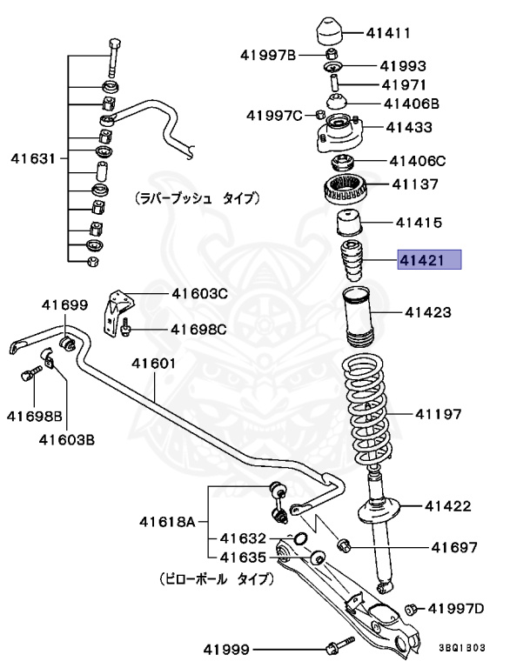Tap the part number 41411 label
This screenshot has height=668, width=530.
pyautogui.click(x=388, y=34)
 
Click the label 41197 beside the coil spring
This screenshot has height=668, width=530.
pyautogui.click(x=438, y=414)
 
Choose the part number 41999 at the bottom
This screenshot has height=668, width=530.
pyautogui.click(x=226, y=649)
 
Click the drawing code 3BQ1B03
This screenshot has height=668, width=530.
pyautogui.click(x=461, y=648)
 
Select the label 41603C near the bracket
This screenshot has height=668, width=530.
pyautogui.click(x=200, y=294)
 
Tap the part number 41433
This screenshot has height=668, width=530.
pyautogui.click(x=409, y=128)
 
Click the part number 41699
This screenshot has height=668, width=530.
pyautogui.click(x=65, y=304)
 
